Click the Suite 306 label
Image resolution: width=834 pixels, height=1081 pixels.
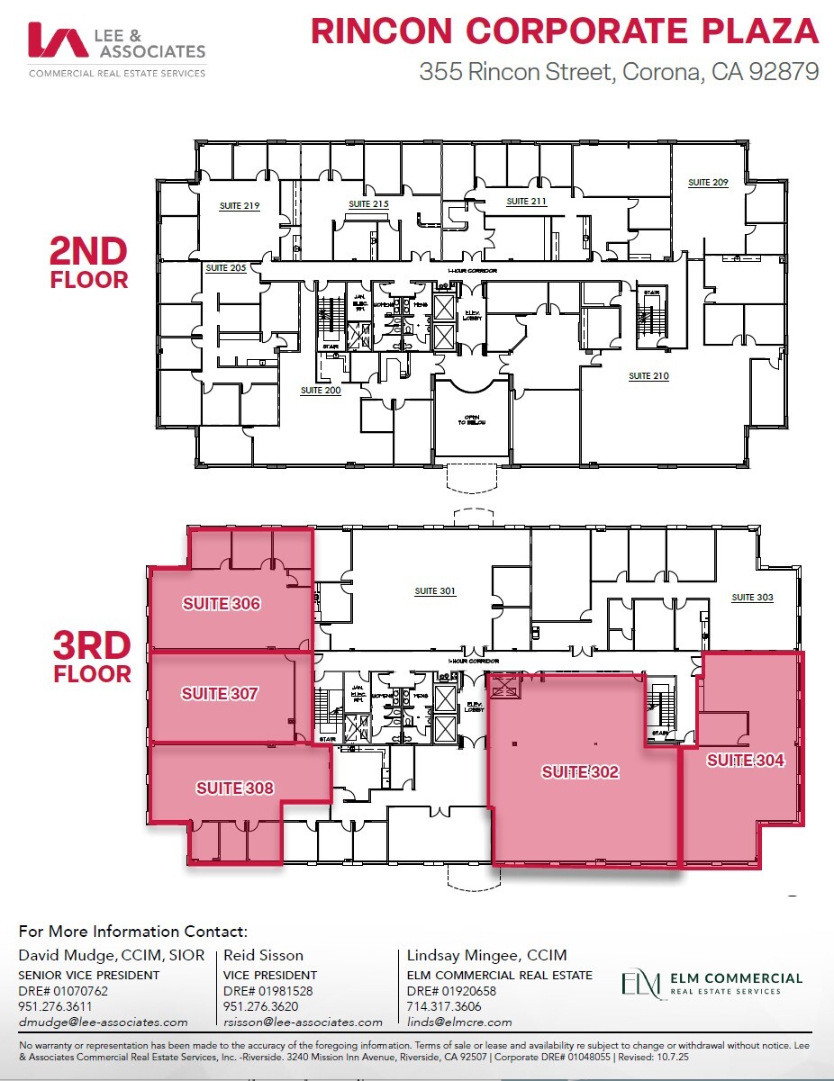(222, 604)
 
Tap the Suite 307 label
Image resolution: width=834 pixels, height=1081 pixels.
(220, 694)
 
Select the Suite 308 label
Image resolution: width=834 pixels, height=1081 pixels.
(235, 788)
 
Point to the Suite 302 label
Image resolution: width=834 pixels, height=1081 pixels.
(580, 772)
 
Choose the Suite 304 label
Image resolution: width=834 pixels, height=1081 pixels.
(745, 761)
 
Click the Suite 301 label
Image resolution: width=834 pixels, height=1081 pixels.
(435, 591)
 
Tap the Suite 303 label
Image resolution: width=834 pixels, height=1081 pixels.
(752, 598)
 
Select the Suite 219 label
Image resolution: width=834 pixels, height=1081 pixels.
(240, 206)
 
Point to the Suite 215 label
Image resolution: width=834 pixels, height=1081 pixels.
(368, 204)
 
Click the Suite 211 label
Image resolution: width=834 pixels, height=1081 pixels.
(526, 201)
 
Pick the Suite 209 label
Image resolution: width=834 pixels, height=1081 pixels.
(708, 183)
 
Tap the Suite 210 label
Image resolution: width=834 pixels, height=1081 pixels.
(648, 375)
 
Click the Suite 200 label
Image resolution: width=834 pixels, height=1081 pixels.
(321, 391)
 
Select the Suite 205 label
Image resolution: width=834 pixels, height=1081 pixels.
(225, 268)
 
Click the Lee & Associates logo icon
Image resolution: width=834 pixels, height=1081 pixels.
(58, 41)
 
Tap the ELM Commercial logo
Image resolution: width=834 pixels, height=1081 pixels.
(711, 983)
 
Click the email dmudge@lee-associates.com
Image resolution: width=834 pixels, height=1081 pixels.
(104, 1022)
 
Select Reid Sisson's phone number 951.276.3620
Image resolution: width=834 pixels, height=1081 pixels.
(261, 1006)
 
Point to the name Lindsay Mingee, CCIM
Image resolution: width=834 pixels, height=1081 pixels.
(474, 955)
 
